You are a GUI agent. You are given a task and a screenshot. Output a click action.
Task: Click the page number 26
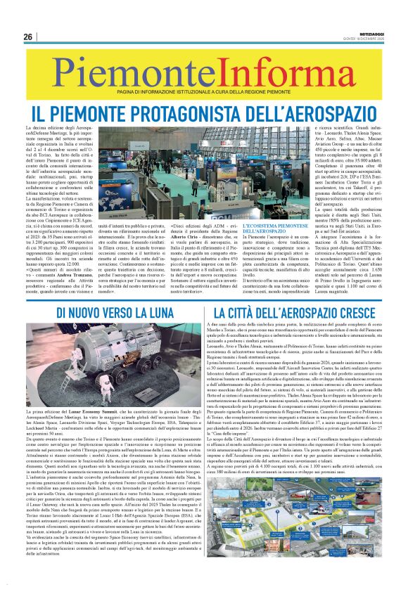27,37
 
